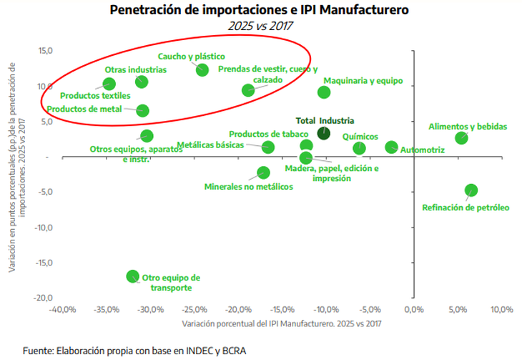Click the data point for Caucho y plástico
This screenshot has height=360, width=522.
(202, 69)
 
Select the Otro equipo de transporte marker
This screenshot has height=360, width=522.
(132, 276)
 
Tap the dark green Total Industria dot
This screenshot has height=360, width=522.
(323, 132)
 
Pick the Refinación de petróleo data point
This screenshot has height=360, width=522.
(471, 190)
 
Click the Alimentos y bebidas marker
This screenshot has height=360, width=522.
(461, 137)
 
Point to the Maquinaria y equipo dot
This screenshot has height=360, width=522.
(324, 92)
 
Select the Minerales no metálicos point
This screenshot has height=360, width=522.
(263, 172)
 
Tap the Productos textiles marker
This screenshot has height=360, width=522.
(109, 84)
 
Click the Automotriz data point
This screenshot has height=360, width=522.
(391, 147)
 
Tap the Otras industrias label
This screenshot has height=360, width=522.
(136, 70)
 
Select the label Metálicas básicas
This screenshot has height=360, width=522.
(210, 145)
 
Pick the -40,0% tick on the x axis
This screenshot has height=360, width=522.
(62, 310)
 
